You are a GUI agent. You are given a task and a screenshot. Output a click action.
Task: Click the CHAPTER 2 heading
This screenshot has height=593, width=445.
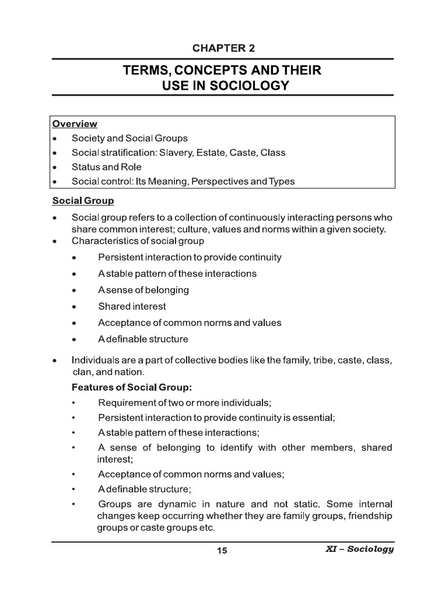(x=222, y=47)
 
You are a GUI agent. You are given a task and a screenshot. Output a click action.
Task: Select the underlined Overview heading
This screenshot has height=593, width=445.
(x=75, y=124)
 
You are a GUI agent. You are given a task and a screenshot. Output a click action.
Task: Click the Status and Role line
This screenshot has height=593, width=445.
(x=107, y=167)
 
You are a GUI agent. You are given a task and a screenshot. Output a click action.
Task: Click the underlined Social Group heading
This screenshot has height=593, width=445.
(x=83, y=201)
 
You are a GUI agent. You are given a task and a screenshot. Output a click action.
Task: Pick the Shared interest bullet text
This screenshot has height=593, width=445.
(x=132, y=306)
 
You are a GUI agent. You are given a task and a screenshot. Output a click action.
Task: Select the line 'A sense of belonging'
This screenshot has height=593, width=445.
(x=144, y=290)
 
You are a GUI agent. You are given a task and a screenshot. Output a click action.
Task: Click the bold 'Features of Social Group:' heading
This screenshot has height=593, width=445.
(x=130, y=386)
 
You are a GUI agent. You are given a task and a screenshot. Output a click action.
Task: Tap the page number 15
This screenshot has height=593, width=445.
(x=222, y=551)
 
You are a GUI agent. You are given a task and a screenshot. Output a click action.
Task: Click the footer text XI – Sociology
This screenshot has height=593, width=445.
(x=359, y=550)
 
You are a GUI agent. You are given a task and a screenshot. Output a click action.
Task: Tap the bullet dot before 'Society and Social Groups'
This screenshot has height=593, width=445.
(x=54, y=139)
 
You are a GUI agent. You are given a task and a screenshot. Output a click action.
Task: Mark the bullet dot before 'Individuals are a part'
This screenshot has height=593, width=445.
(x=54, y=361)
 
